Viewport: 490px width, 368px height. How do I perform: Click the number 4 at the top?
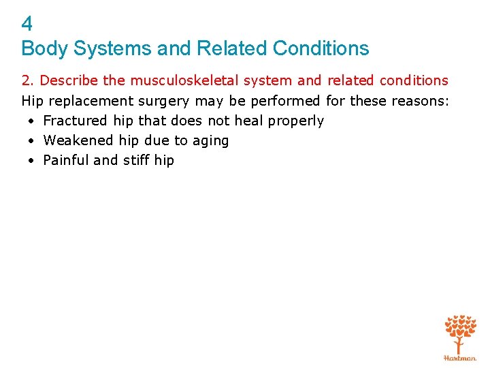[x=27, y=25]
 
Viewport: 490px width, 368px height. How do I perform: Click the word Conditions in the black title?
[x=321, y=49]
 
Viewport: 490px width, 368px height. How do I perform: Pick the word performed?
[x=285, y=101]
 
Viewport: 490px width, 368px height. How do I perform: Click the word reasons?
[x=421, y=101]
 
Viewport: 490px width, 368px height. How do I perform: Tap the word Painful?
[x=65, y=160]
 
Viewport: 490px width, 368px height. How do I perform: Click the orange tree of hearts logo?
[x=460, y=332]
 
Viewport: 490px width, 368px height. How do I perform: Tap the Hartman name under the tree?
[x=460, y=357]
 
